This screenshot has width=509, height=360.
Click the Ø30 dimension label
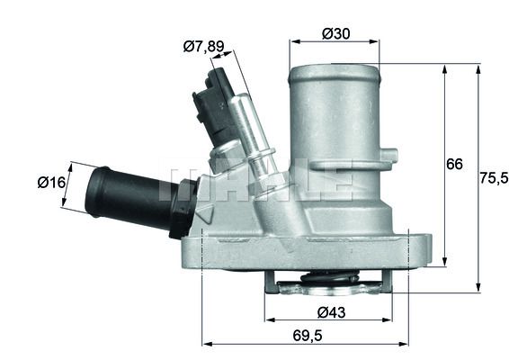pyautogui.click(x=335, y=34)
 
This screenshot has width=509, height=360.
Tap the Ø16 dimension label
pyautogui.click(x=51, y=183)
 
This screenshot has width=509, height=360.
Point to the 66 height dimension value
pyautogui.click(x=455, y=164)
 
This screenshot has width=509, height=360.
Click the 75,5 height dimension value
pyautogui.click(x=492, y=179)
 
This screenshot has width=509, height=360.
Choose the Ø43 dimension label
pyautogui.click(x=330, y=312)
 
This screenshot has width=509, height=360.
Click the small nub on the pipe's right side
pyautogui.click(x=388, y=157)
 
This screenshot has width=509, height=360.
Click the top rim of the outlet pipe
pyautogui.click(x=334, y=67)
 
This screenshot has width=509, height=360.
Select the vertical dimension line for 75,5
pyautogui.click(x=478, y=179)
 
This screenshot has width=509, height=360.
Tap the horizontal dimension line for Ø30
pyautogui.click(x=335, y=41)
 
